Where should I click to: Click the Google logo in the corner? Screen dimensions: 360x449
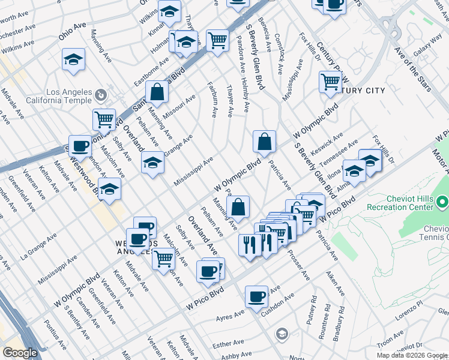click(x=20, y=353)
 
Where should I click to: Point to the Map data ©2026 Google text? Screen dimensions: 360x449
click(x=412, y=355)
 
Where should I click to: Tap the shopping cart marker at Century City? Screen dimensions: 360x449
click(x=330, y=81)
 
